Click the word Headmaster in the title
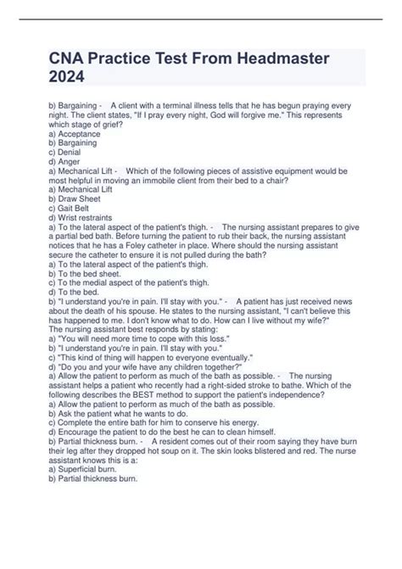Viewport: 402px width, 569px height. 280,60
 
